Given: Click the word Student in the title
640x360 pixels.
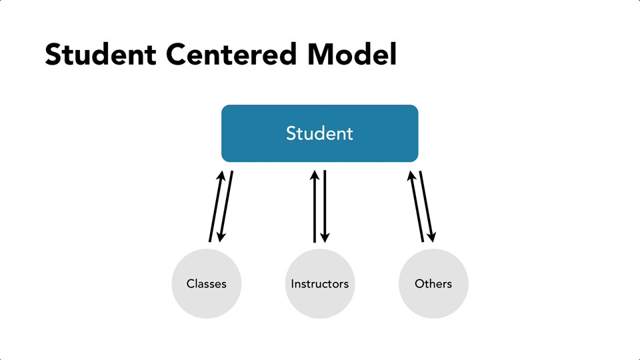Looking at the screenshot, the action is tap(101, 54).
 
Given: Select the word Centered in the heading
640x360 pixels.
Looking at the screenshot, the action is tap(231, 54).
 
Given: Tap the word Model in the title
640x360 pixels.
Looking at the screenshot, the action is tap(351, 54).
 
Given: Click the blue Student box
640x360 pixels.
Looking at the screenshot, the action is tap(319, 133).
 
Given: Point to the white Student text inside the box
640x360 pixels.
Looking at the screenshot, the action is tap(319, 133).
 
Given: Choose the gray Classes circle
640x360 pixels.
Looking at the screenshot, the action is tap(207, 284).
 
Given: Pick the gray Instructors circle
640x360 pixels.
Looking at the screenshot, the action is tap(320, 284).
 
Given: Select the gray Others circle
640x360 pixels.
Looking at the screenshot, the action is tap(433, 284).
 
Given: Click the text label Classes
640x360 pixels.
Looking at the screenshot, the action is tap(207, 284).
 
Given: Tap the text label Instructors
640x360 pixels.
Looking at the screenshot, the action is tap(320, 284).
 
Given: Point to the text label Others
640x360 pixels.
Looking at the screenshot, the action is tap(433, 284).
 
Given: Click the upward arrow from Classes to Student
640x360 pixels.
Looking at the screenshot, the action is tap(216, 207).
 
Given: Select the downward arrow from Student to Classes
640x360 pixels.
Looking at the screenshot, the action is tap(226, 207).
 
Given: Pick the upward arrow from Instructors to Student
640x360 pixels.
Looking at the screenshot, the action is tap(315, 207).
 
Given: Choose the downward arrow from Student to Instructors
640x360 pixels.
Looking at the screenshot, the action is tap(325, 207).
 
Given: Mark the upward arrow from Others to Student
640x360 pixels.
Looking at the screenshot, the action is tap(416, 207).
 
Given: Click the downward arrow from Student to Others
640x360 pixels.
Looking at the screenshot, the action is tap(427, 207).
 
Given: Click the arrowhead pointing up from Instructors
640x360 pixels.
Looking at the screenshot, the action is tap(315, 176).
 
